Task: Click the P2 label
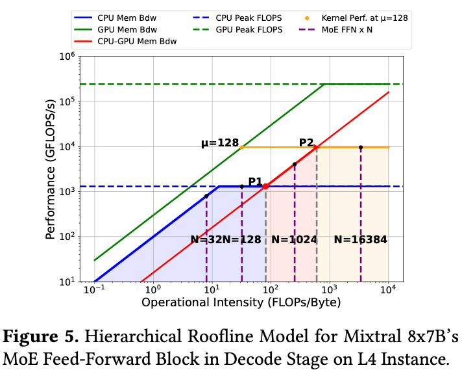[306, 142]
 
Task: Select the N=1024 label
[294, 239]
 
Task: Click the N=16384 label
[360, 239]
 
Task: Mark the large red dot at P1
[265, 187]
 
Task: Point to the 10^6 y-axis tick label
[67, 57]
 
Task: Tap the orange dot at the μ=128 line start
[242, 147]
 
